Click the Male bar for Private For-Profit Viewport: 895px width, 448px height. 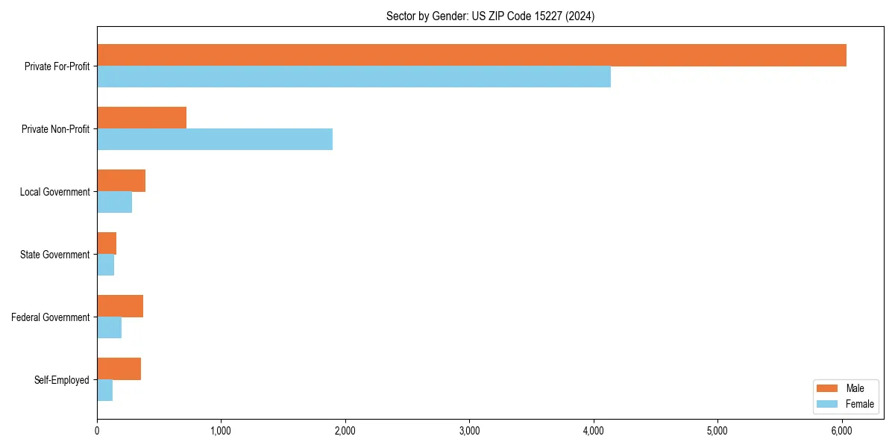click(471, 55)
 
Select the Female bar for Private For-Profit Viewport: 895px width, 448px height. click(354, 77)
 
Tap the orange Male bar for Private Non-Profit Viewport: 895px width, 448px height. click(142, 118)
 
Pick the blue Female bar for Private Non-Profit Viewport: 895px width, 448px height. click(215, 140)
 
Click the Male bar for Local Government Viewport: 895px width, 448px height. click(121, 181)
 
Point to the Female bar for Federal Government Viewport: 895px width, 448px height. click(109, 328)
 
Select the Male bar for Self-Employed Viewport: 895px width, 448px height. click(119, 369)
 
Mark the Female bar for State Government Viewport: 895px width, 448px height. click(105, 265)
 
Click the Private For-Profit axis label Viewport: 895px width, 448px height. click(57, 66)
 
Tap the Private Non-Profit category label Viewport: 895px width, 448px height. click(55, 129)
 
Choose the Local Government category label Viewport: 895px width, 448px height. click(54, 192)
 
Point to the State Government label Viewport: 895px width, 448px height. click(54, 255)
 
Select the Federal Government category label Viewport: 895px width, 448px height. click(51, 317)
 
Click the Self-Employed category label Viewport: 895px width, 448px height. click(62, 380)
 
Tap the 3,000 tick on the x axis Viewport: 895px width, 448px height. click(469, 431)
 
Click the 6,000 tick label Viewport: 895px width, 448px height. click(841, 431)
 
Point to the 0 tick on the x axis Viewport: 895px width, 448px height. click(97, 431)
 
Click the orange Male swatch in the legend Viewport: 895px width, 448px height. click(828, 388)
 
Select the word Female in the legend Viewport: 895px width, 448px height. click(860, 404)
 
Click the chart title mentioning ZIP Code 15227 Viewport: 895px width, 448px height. click(490, 16)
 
